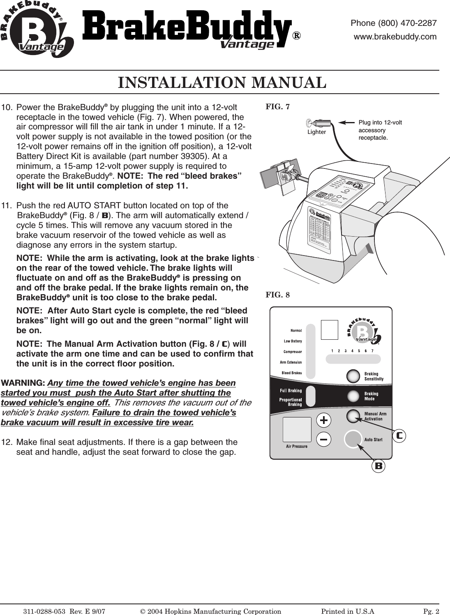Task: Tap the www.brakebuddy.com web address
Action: point(395,37)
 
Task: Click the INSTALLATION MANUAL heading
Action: point(222,83)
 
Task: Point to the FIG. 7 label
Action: point(277,107)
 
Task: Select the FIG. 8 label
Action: point(277,295)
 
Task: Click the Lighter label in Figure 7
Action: point(316,132)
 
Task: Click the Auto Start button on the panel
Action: point(352,439)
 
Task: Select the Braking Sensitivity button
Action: point(353,376)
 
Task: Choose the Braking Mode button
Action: point(353,396)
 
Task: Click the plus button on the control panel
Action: point(324,420)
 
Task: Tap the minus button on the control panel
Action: point(324,439)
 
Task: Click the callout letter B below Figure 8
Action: point(378,466)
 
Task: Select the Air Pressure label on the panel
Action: point(297,446)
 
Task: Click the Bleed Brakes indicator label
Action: point(291,373)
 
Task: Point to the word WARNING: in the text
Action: point(23,383)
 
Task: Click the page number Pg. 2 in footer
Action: point(431,611)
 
